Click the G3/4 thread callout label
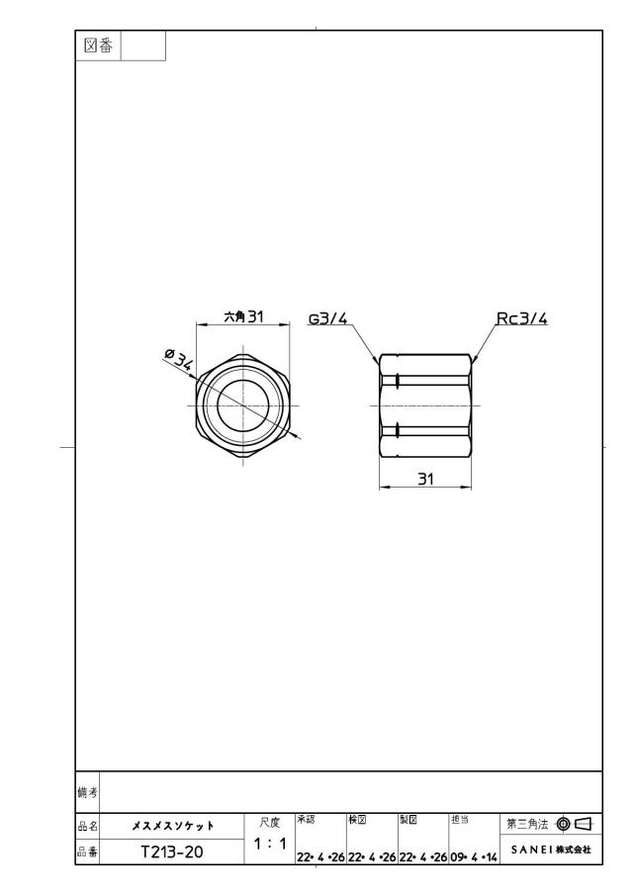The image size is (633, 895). click(x=328, y=317)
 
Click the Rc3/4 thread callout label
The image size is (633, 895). click(x=521, y=317)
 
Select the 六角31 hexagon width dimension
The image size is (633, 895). click(x=243, y=316)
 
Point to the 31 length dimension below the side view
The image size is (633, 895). click(x=426, y=479)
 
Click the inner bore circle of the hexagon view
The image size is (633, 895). click(x=218, y=405)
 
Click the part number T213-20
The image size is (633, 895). click(x=172, y=851)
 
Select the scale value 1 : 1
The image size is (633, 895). click(x=270, y=843)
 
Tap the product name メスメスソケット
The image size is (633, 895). click(x=173, y=826)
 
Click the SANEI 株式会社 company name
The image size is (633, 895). click(x=551, y=850)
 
